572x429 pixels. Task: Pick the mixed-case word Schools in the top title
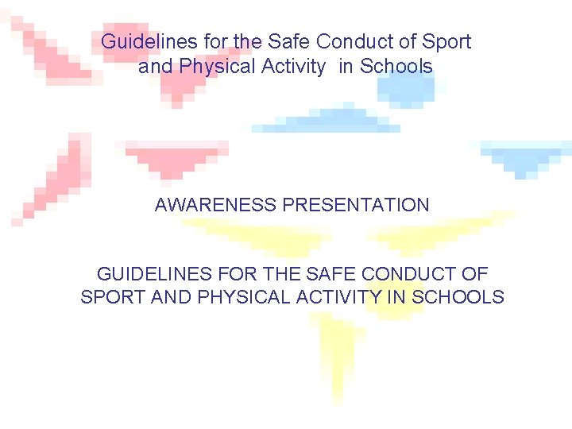(396, 67)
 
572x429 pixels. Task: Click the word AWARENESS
(216, 205)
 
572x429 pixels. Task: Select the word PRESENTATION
(355, 205)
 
